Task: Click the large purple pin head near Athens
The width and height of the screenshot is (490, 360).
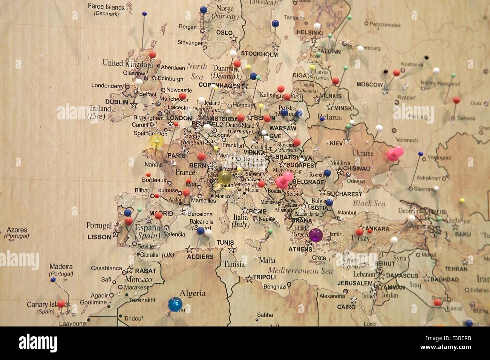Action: pos(315,235)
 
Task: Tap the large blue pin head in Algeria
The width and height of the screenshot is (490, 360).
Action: pos(175,304)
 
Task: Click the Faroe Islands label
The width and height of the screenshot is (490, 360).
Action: pos(106,7)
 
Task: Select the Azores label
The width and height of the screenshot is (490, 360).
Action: pos(17,230)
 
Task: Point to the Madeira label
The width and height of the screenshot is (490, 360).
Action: pos(61,267)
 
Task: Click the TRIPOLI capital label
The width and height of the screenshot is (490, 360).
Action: pos(264,277)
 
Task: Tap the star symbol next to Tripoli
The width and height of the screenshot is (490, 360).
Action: pos(249,279)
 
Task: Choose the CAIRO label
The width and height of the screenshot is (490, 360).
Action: pos(346,307)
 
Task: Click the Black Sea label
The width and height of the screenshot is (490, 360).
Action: pos(369,203)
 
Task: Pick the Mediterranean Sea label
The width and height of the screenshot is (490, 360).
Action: pos(300,271)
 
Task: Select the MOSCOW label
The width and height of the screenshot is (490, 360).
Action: pos(370,84)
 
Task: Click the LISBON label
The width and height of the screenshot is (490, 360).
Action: pos(99,237)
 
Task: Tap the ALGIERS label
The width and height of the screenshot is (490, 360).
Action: pos(200,257)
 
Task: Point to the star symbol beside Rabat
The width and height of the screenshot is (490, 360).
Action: pos(129,270)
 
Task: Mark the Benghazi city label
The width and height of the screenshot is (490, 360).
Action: pos(275,287)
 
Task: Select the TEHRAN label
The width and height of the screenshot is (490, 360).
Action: pos(456,269)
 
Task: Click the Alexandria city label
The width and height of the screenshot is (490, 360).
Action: pos(332,296)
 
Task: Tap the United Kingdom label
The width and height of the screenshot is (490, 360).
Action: pos(127,63)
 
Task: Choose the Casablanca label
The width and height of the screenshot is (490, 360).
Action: pos(106,268)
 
